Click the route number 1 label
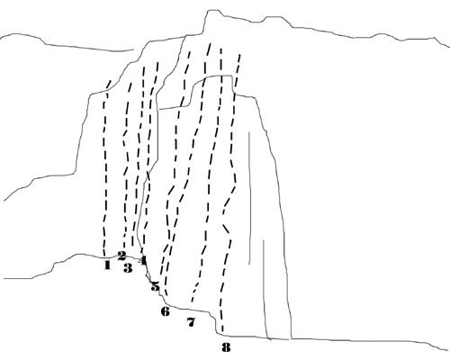click(107, 265)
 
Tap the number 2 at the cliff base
click(121, 256)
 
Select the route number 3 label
click(128, 268)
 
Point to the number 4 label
click(143, 260)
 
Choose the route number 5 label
click(155, 286)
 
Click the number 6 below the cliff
click(166, 311)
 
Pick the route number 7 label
click(191, 322)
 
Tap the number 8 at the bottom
click(226, 347)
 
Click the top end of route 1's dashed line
click(111, 80)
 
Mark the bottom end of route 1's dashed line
click(104, 256)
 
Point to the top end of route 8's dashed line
click(239, 55)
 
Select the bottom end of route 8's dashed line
click(222, 331)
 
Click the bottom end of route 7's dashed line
click(192, 301)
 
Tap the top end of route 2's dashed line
click(130, 84)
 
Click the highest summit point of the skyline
click(213, 10)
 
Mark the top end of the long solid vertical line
click(248, 131)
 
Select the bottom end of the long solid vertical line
click(249, 265)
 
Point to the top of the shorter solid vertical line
click(264, 240)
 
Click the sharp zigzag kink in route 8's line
click(223, 214)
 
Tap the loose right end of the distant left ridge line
click(133, 49)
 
